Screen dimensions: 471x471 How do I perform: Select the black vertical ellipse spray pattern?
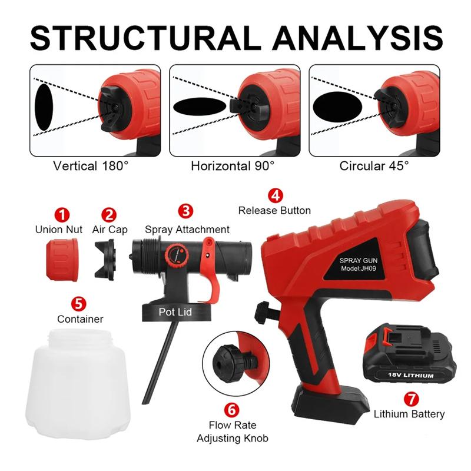tap(45, 107)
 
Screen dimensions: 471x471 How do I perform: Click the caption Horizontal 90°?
tap(233, 166)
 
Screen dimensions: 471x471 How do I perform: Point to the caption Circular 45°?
tap(374, 166)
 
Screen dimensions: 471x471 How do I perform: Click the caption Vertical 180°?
tap(90, 166)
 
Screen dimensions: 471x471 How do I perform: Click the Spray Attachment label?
tap(187, 230)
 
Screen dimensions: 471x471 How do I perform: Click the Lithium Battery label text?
tap(409, 414)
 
